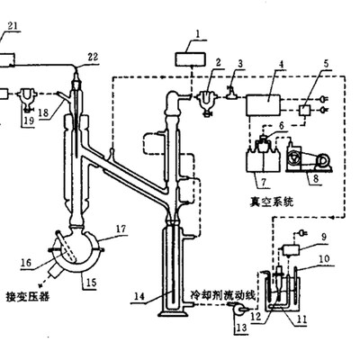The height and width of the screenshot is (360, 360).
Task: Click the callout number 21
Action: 13,26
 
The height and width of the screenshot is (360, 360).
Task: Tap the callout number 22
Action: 93,57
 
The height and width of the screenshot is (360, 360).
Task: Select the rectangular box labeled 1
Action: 191,58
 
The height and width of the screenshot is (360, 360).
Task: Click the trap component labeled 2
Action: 206,101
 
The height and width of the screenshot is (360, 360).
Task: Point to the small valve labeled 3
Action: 232,94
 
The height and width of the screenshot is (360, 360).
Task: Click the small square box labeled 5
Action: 304,110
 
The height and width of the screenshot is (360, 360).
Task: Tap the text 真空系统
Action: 272,202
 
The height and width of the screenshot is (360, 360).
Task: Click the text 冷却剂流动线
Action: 223,296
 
